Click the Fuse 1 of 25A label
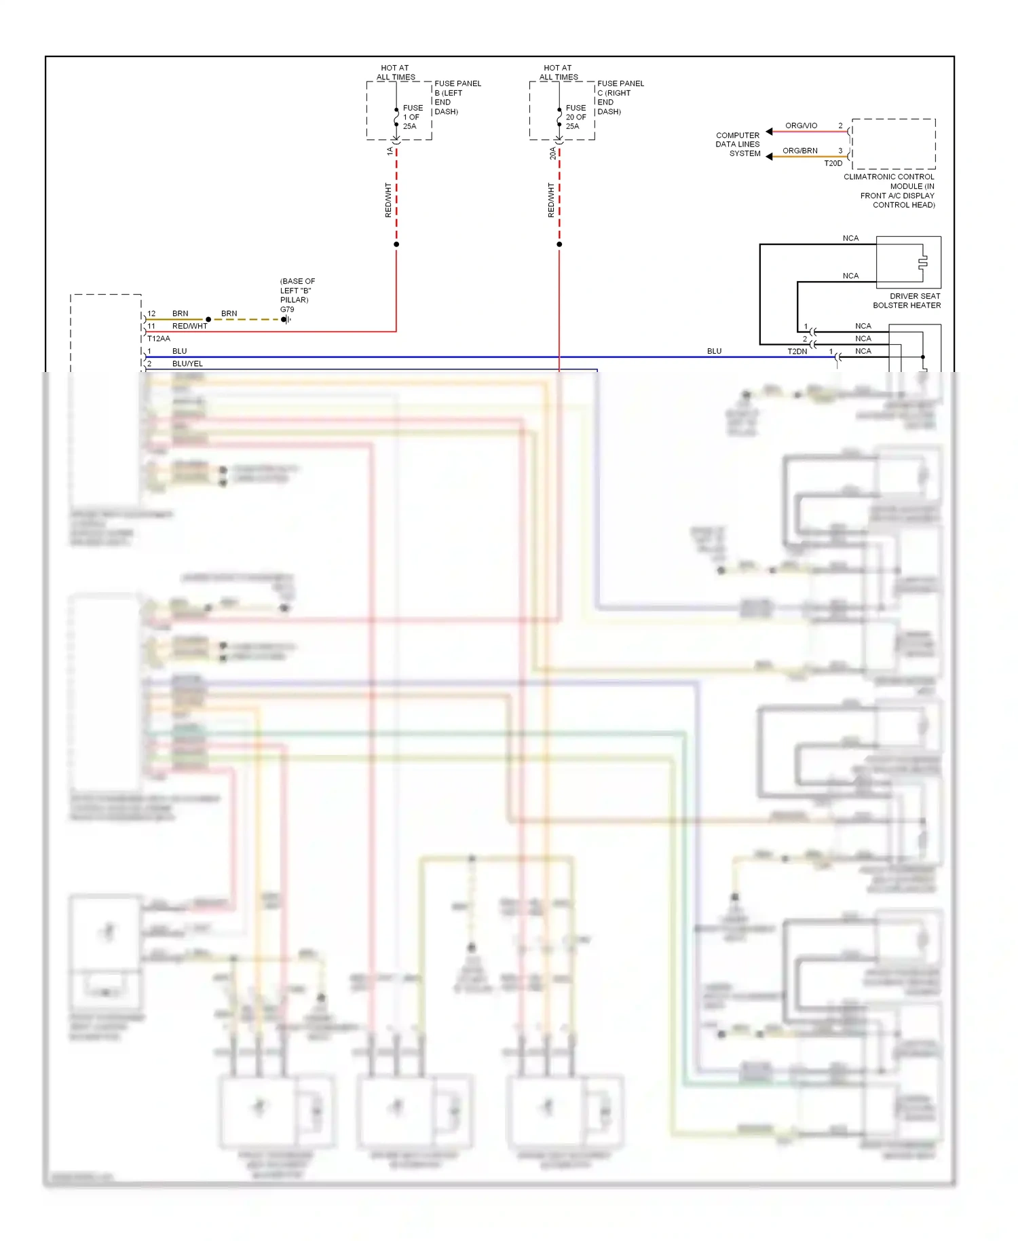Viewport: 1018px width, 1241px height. (412, 117)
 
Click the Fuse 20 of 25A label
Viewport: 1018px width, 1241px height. (575, 117)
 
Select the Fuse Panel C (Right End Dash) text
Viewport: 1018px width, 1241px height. (620, 97)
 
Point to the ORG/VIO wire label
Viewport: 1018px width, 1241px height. (801, 126)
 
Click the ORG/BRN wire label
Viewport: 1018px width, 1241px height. (799, 151)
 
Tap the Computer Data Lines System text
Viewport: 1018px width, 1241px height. (738, 145)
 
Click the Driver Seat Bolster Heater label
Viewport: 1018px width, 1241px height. (907, 301)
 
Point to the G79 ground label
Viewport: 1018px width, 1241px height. (287, 310)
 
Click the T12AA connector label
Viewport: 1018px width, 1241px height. (159, 339)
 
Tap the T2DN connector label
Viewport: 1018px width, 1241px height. (797, 352)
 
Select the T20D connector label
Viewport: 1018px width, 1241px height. (833, 164)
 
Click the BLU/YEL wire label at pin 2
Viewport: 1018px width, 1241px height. (187, 364)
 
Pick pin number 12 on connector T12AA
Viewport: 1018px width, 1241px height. (151, 314)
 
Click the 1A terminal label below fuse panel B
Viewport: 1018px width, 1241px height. (390, 151)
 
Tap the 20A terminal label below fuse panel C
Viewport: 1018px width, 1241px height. (552, 153)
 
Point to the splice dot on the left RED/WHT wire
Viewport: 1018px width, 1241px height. (396, 244)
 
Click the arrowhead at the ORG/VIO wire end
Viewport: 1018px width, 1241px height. (769, 132)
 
